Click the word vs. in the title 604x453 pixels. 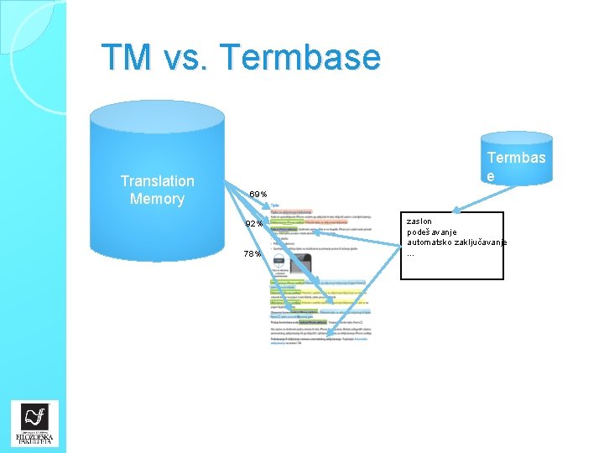(x=186, y=57)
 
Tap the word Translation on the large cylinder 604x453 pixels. (x=157, y=181)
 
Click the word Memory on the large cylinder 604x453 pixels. (x=157, y=199)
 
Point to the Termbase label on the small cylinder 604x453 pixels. (x=516, y=166)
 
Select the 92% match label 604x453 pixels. (x=254, y=224)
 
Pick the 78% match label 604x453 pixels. (x=253, y=254)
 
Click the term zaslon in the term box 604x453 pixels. (x=419, y=221)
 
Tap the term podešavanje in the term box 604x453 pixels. (x=432, y=232)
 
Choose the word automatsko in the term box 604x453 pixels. (x=431, y=242)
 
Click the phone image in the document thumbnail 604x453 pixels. (x=299, y=264)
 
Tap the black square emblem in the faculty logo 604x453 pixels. (x=34, y=417)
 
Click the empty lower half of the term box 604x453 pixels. (x=452, y=267)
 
